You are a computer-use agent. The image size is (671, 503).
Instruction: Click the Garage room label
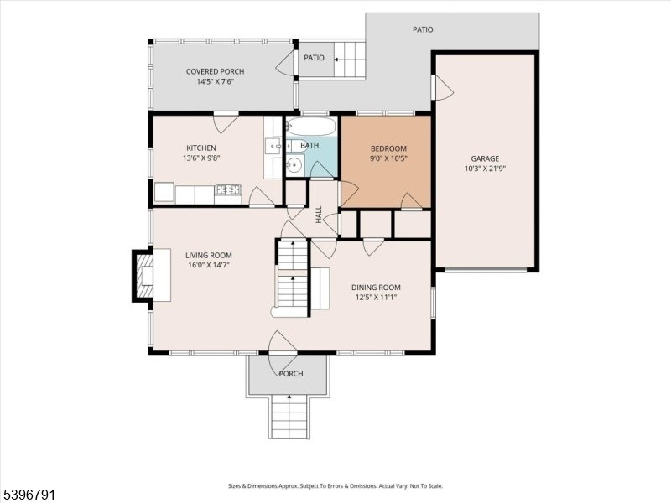485,158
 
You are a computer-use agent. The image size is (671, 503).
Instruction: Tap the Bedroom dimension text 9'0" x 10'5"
388,158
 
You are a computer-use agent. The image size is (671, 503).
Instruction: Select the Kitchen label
201,148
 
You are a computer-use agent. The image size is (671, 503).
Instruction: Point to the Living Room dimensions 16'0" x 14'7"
209,265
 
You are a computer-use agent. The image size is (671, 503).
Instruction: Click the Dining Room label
376,288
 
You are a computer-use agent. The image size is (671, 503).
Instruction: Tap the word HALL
319,215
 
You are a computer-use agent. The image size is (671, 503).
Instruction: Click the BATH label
309,145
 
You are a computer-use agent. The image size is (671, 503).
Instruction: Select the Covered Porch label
216,71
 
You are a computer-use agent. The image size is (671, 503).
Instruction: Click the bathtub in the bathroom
311,127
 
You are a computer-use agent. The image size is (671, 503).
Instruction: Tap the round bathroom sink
294,164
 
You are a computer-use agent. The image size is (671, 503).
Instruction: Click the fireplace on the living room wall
143,276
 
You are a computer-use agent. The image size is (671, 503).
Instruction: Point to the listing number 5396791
28,495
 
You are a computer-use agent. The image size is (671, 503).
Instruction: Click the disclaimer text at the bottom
335,486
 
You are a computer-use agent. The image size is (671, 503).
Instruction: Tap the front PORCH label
291,373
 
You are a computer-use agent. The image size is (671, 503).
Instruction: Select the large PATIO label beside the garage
423,29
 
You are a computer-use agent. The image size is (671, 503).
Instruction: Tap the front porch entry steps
289,416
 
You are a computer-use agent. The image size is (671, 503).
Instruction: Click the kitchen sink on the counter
273,146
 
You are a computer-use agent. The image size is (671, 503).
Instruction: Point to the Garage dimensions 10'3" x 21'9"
486,169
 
